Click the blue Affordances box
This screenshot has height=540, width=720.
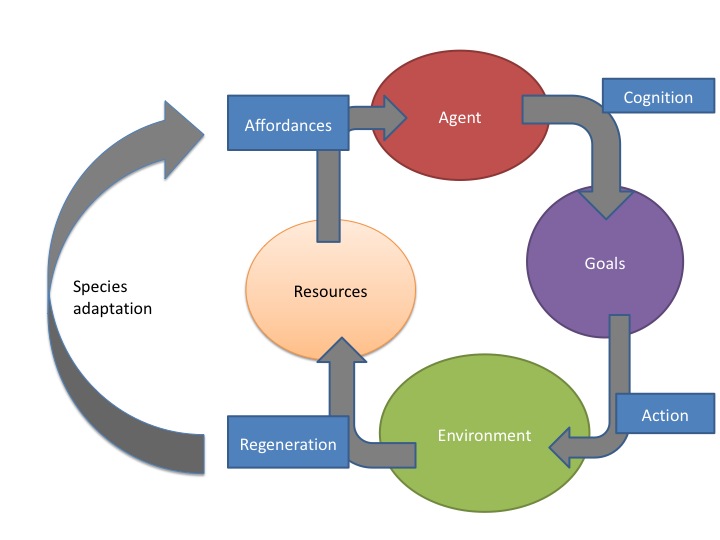(x=289, y=125)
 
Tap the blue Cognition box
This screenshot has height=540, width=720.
(x=657, y=97)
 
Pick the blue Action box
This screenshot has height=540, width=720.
(x=664, y=414)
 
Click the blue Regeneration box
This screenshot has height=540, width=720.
(x=288, y=444)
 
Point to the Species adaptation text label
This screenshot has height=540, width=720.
(x=112, y=297)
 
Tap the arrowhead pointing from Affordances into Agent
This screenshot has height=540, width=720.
(x=392, y=118)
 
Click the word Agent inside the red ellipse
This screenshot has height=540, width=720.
(x=460, y=117)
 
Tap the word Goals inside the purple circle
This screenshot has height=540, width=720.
(x=604, y=263)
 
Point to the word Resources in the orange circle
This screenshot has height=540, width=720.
(x=330, y=292)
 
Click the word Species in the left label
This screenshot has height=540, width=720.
(x=100, y=286)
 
